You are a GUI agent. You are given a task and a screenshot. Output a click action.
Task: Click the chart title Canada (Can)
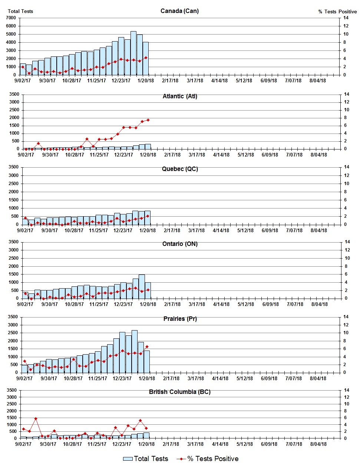pos(179,11)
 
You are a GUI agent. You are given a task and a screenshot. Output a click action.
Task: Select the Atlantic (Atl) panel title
pos(180,96)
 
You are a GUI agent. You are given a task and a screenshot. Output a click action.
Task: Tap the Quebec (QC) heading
pos(180,169)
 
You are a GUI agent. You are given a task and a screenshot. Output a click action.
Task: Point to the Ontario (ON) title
pos(180,244)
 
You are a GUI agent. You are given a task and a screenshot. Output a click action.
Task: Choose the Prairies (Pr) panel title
pos(180,319)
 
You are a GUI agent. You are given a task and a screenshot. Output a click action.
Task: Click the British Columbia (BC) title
pos(179,392)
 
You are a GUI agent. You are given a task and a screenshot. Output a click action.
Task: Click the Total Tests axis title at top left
pos(20,11)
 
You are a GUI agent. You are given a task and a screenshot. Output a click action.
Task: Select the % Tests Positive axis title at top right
pos(337,11)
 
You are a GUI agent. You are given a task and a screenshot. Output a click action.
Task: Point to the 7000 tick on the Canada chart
pos(11,18)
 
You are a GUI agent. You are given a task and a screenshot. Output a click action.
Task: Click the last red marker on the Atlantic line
pos(148,120)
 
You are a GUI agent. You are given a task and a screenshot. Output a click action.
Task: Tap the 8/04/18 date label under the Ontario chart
pos(319,304)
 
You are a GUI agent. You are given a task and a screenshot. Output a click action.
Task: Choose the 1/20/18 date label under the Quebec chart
pos(147,230)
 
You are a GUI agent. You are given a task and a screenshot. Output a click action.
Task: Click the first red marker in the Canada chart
pos(23,67)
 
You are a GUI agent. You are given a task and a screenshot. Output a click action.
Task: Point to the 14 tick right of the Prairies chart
pos(346,317)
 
